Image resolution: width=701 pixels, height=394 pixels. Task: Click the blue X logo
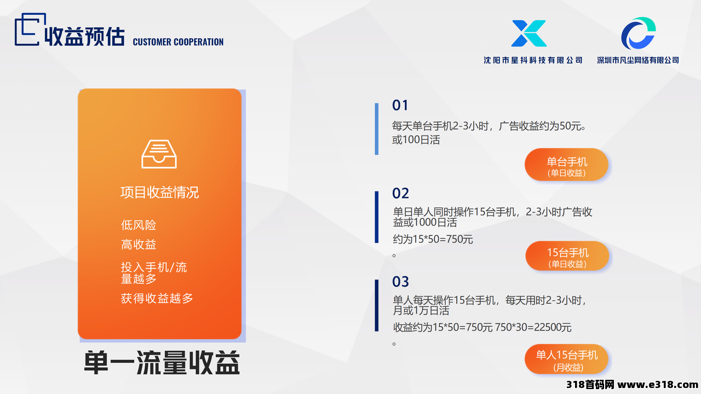coord(529,33)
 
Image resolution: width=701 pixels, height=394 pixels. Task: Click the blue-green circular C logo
coord(639,33)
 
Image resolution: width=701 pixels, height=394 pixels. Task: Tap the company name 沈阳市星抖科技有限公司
coord(533,60)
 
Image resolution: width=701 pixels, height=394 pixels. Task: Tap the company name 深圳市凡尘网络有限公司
coord(638,60)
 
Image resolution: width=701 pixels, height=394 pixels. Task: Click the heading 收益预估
coord(84,37)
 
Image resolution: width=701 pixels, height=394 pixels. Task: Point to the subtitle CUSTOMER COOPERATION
coord(178,42)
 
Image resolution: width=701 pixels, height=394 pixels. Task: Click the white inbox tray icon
coord(159,154)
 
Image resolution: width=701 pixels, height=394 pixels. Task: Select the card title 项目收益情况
coord(159,192)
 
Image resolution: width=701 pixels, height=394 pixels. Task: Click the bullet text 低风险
coord(139,225)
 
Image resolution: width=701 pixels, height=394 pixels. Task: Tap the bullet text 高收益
coord(139,245)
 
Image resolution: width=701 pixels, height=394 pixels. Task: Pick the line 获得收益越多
coord(157,298)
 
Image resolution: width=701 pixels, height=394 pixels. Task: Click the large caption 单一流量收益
coord(162,363)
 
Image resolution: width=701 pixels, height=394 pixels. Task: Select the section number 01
coord(400,106)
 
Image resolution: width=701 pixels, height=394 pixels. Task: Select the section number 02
coord(400,193)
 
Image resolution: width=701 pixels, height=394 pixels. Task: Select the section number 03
coord(400,282)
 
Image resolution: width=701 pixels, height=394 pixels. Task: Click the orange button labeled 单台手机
coord(566,165)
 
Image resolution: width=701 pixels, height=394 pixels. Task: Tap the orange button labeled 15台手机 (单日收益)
coord(567,256)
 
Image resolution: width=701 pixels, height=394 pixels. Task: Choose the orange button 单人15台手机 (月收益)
coord(566,359)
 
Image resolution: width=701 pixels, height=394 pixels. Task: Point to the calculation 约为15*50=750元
coord(433,239)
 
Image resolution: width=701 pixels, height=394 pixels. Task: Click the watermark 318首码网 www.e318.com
coord(632,384)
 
